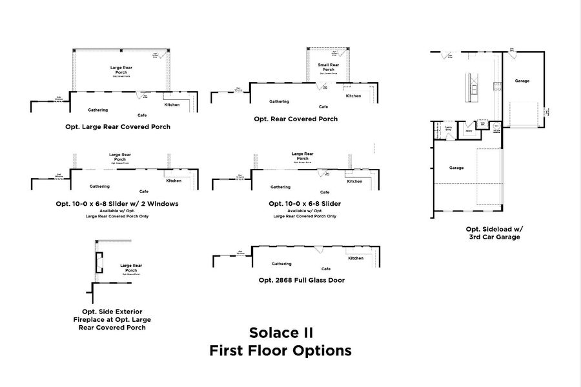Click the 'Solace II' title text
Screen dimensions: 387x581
click(x=281, y=333)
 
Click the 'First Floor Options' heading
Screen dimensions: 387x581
click(x=280, y=351)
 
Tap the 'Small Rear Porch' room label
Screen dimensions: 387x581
click(x=328, y=67)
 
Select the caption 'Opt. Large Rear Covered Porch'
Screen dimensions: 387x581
click(x=118, y=127)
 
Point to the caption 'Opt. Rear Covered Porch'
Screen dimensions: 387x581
click(x=296, y=119)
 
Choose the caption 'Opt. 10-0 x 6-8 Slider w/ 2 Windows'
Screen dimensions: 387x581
click(x=117, y=203)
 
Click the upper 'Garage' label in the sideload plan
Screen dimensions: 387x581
click(x=522, y=81)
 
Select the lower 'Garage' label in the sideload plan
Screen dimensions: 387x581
click(x=456, y=168)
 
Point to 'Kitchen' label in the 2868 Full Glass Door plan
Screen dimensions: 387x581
click(x=356, y=258)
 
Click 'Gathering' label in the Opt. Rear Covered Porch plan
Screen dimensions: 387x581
click(x=280, y=102)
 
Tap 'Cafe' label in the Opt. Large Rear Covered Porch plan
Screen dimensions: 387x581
click(x=142, y=115)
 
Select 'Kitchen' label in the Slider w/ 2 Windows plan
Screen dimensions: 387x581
click(x=174, y=181)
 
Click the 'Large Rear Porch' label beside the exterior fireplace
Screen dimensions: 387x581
click(x=131, y=268)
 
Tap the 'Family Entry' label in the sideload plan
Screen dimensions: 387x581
click(x=448, y=128)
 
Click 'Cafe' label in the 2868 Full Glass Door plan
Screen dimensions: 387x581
click(x=325, y=269)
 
